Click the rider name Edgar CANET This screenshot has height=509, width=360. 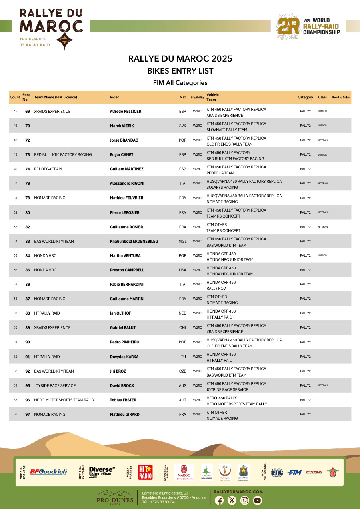(x=122, y=155)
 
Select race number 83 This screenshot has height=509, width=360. (x=28, y=242)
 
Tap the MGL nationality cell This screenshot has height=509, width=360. (x=182, y=242)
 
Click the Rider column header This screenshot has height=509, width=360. (x=114, y=97)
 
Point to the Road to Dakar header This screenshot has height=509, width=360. (x=341, y=97)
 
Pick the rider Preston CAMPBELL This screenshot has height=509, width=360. (x=127, y=270)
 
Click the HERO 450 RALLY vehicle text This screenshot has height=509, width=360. (x=222, y=398)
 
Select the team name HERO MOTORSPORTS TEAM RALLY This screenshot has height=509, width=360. (x=64, y=400)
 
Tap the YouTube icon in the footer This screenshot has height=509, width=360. (x=257, y=500)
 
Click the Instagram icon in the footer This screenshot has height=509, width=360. (x=245, y=500)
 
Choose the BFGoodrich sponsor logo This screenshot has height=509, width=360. (x=48, y=472)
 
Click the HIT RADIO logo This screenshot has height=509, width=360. (x=145, y=472)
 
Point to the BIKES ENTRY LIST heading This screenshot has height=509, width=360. (x=180, y=71)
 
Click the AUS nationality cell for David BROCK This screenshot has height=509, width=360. (x=182, y=386)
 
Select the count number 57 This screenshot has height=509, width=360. (x=15, y=285)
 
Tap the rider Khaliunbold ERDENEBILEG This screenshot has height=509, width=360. (x=134, y=242)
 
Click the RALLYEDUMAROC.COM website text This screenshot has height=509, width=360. (x=238, y=491)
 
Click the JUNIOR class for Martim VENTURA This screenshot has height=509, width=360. (x=322, y=255)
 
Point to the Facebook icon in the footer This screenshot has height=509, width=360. (x=219, y=500)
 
